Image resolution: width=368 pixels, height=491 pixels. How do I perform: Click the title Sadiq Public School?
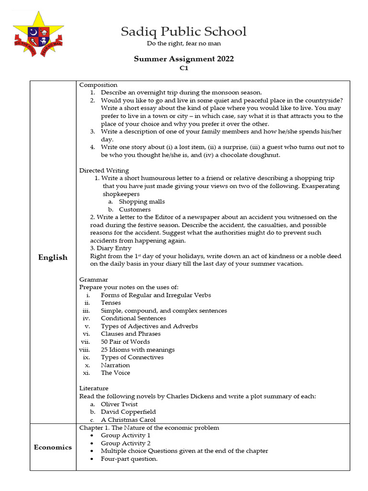click(x=184, y=32)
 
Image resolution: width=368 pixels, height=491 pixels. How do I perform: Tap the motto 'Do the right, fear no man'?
click(x=184, y=44)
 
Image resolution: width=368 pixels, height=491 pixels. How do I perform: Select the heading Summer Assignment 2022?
click(x=184, y=59)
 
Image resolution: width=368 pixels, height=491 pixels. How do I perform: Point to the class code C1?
click(x=184, y=69)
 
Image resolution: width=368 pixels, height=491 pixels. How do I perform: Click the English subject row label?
click(x=53, y=257)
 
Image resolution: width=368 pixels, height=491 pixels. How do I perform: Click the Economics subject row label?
click(x=53, y=447)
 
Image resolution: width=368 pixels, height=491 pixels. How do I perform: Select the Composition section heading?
click(x=98, y=85)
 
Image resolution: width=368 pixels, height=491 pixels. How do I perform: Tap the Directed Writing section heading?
click(x=104, y=170)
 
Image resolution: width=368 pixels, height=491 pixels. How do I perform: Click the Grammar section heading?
click(x=93, y=280)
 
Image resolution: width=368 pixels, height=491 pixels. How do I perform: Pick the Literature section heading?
click(x=94, y=388)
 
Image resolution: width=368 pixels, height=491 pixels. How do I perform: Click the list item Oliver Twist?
click(x=119, y=404)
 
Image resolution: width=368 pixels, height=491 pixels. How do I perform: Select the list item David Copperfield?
click(x=128, y=412)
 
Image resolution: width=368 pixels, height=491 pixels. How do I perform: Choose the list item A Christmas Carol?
click(x=128, y=420)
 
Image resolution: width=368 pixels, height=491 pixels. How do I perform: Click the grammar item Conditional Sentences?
click(x=133, y=318)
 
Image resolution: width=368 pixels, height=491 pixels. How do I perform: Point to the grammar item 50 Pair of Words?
click(x=125, y=342)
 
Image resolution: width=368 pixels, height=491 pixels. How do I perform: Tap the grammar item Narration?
click(x=115, y=365)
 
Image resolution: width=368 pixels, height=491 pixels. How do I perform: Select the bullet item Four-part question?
click(x=129, y=459)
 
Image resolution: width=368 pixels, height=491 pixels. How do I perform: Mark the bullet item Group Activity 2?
click(x=126, y=443)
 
